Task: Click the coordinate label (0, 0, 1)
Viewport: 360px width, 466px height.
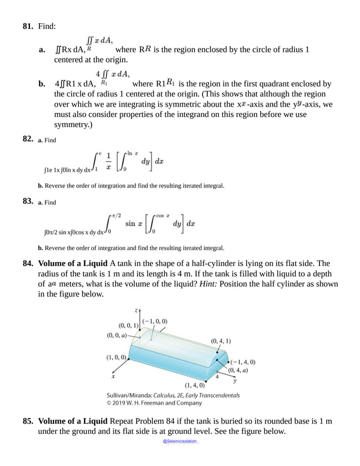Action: pos(129,326)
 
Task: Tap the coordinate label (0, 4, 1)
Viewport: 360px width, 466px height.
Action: pos(221,341)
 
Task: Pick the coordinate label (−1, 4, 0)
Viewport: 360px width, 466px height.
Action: pos(243,362)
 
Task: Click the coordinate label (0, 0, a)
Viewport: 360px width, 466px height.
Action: pos(118,335)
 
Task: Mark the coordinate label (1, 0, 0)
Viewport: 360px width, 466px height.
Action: pos(116,357)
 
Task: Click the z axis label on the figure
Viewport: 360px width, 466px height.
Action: pos(136,311)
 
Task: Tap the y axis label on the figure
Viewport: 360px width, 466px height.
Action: pos(234,381)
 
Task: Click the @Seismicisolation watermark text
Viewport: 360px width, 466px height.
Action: pos(180,441)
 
